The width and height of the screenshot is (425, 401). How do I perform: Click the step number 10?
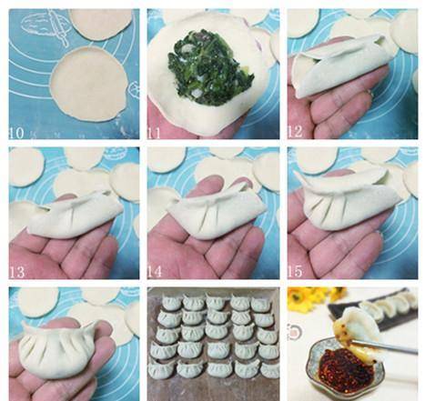tap(16, 133)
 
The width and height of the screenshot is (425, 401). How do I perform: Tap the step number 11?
tap(155, 133)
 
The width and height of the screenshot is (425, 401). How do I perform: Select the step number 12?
tap(296, 132)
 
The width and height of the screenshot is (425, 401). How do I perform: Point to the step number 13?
tap(17, 272)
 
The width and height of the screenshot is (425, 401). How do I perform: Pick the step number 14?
tap(155, 272)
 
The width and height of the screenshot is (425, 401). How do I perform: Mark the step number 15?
tap(296, 271)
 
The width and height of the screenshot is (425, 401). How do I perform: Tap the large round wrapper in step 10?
tap(88, 85)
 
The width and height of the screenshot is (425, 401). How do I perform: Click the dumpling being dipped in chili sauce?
tap(358, 331)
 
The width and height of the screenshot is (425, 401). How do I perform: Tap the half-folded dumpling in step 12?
tap(339, 65)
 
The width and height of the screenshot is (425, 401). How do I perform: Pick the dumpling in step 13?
tap(76, 215)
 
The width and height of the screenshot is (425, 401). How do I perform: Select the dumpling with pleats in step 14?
tap(216, 212)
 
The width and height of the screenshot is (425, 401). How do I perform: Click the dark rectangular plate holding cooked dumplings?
tap(375, 312)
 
